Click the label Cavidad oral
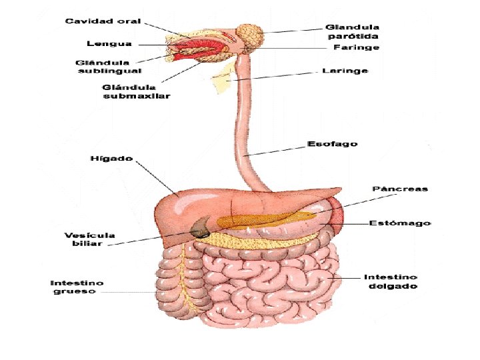pos(103,21)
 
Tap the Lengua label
pos(109,44)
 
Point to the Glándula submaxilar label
pos(137,91)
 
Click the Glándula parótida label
pos(353,32)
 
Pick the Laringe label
pos(345,71)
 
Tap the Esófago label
pos(332,143)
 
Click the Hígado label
pos(111,159)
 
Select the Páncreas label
pos(400,189)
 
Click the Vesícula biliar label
pos(89,239)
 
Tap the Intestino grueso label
pos(77,287)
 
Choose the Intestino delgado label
pos(391,281)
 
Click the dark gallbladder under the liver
pos(199,230)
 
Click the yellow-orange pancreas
pos(267,218)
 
